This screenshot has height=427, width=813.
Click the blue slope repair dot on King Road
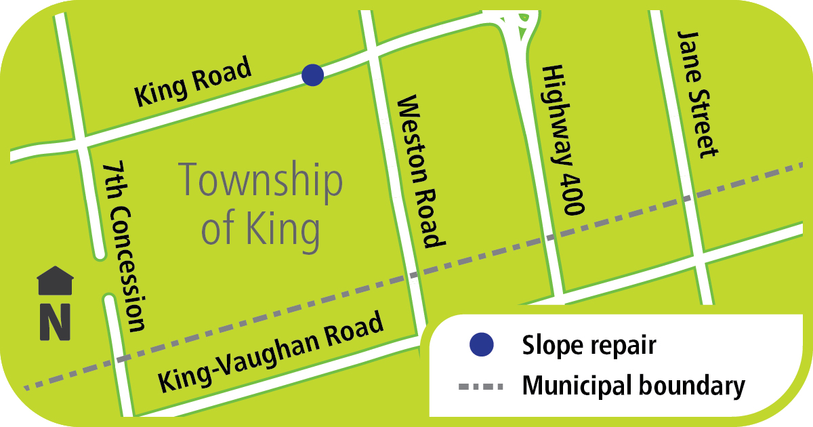312,75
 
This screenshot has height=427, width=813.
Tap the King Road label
194,83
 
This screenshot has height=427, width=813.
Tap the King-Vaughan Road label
272,353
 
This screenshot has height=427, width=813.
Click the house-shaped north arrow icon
56,281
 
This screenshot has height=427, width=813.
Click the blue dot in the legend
482,345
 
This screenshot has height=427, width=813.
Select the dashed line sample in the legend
481,387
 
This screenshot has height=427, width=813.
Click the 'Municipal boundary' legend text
633,387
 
